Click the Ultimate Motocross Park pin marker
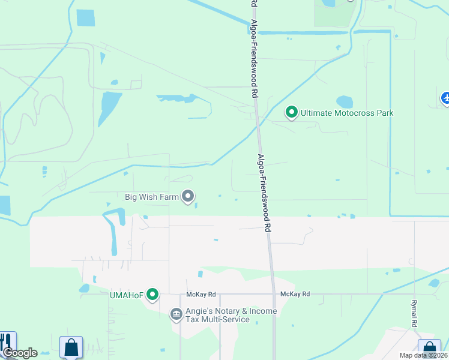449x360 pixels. (x=292, y=112)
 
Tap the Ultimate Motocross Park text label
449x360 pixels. (x=347, y=112)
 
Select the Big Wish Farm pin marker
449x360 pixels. (x=188, y=196)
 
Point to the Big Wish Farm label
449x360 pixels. (x=152, y=196)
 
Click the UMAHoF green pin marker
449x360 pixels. (x=153, y=294)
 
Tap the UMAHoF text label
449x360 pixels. (x=125, y=295)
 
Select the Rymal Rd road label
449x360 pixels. (x=414, y=313)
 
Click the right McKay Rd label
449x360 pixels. (x=295, y=294)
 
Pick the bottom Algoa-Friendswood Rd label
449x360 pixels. (x=265, y=193)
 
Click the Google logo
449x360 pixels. (x=20, y=353)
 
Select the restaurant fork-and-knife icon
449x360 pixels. (x=8, y=343)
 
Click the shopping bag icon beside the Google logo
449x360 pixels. (x=71, y=347)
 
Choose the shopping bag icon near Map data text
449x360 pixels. (x=429, y=349)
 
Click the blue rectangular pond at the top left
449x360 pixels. (x=86, y=18)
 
